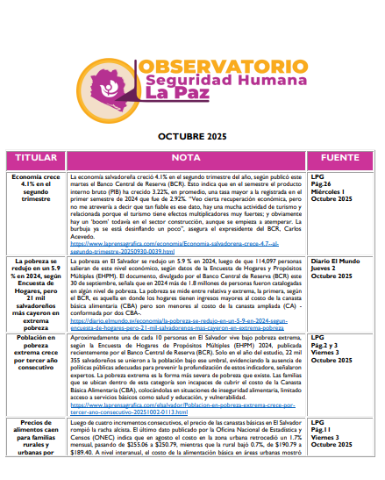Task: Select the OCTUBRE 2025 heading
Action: click(192, 138)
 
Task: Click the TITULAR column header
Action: click(36, 158)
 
